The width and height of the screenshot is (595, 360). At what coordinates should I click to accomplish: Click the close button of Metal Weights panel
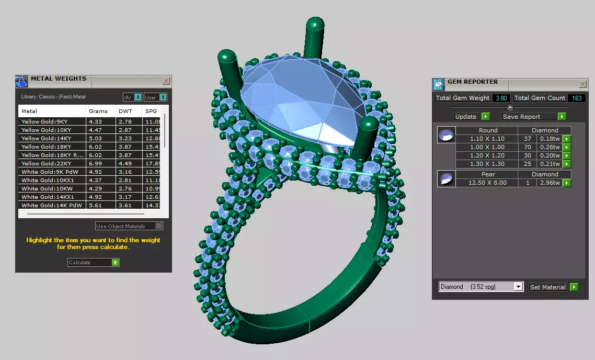coord(166,81)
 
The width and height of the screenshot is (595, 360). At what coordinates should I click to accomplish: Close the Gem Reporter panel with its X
coord(583,84)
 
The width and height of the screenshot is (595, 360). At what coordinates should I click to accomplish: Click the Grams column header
coord(98,111)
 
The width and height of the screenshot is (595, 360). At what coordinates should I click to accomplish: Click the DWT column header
coord(125,111)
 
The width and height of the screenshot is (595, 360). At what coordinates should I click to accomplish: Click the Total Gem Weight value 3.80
coord(500,98)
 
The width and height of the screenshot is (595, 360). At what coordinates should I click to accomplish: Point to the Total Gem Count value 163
coord(577,98)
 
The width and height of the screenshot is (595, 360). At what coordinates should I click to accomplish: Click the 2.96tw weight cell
coord(551,183)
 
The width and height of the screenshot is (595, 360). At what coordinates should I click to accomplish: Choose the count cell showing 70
coord(528,148)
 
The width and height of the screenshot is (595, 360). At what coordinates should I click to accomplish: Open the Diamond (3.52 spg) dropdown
coord(480,287)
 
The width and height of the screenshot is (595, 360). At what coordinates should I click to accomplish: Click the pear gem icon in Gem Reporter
coord(446,179)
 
